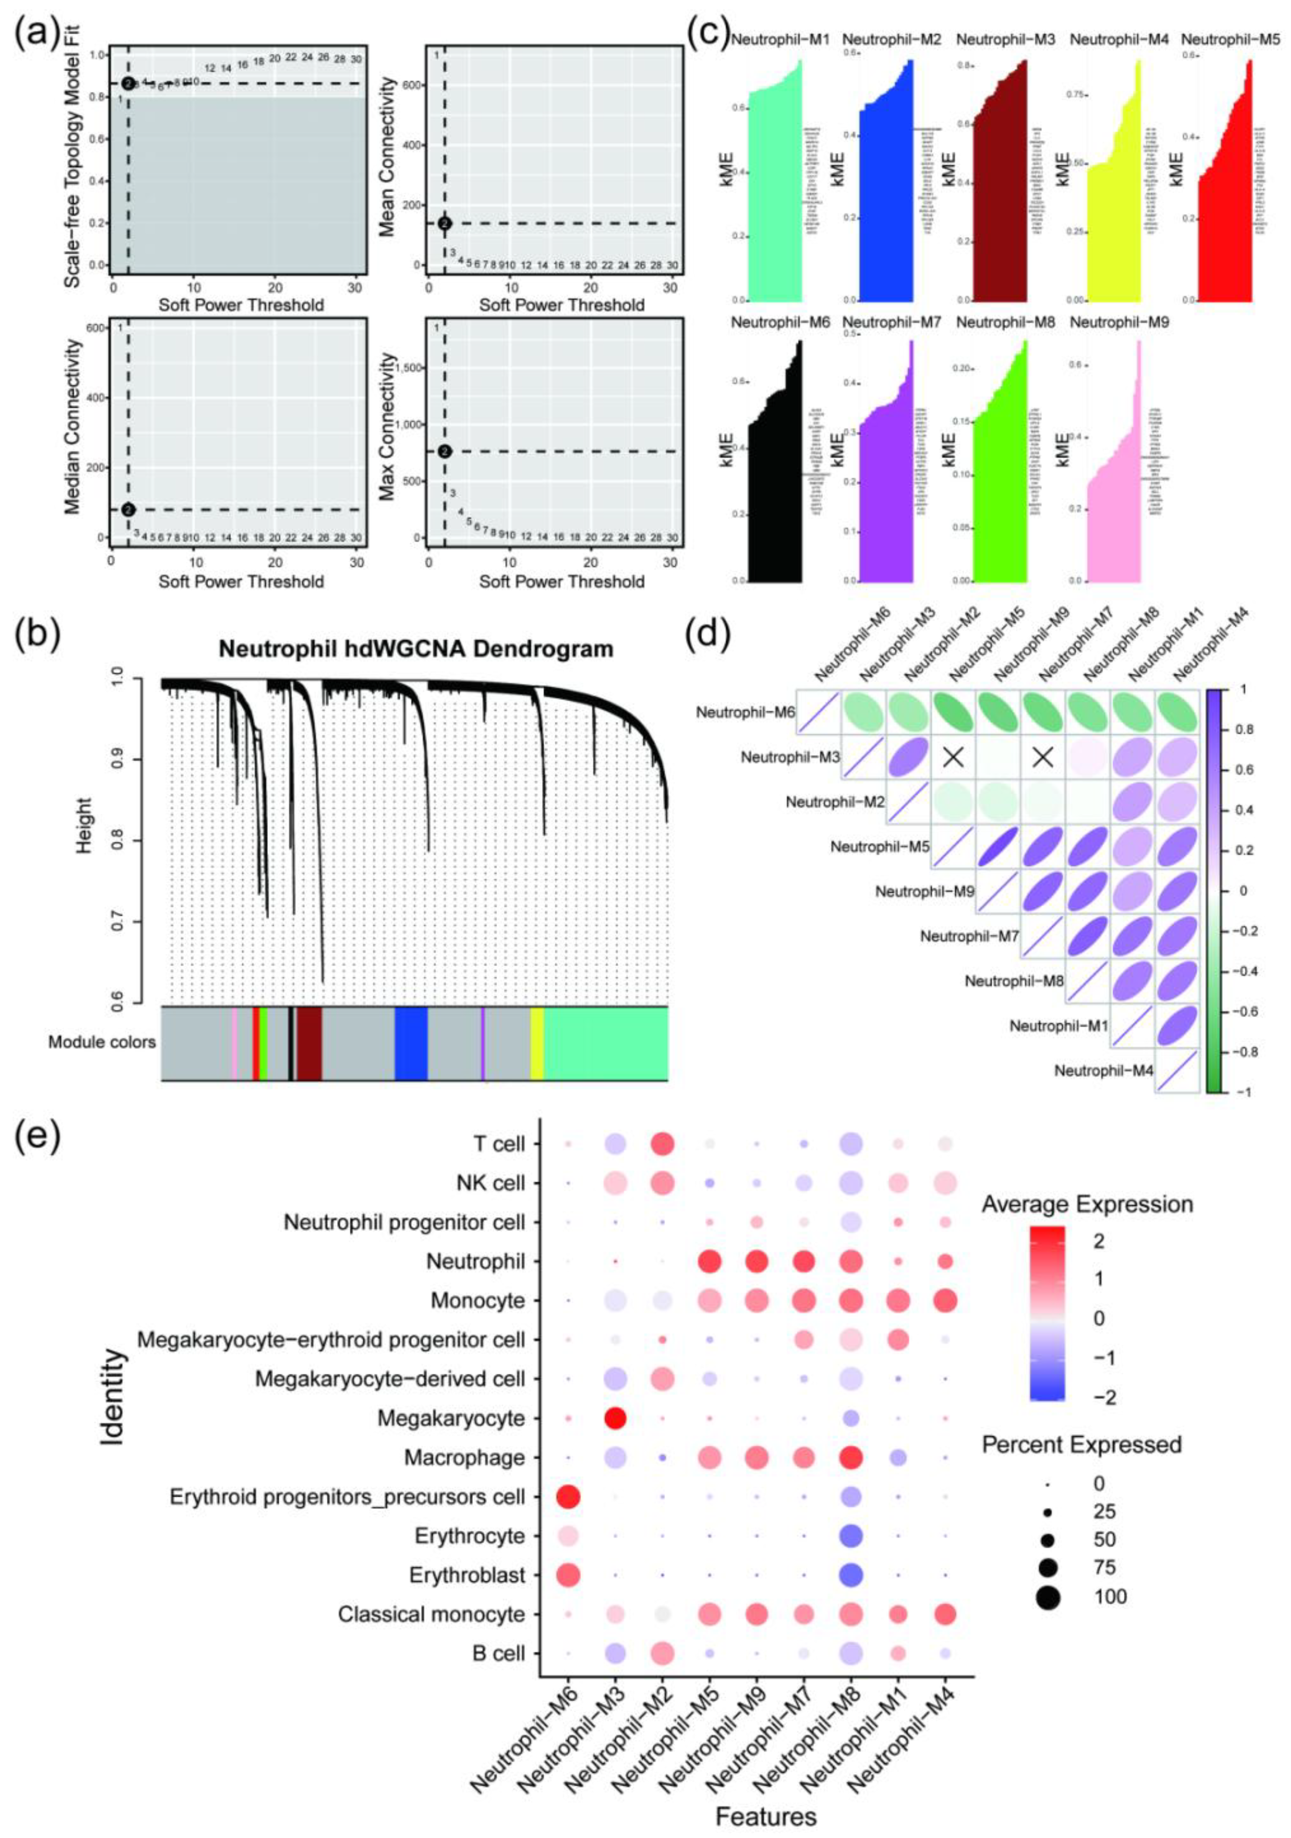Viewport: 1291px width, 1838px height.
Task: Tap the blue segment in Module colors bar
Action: pyautogui.click(x=411, y=1042)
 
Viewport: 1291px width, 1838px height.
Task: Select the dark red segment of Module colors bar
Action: pyautogui.click(x=309, y=1042)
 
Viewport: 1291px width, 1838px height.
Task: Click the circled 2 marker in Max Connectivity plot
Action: pyautogui.click(x=444, y=452)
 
